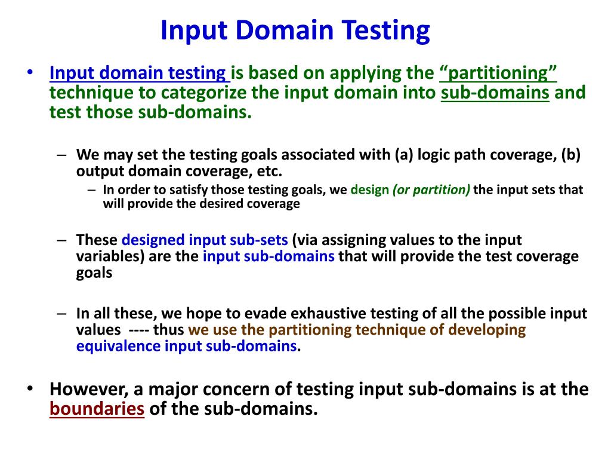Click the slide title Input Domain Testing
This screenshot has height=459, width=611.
pyautogui.click(x=295, y=30)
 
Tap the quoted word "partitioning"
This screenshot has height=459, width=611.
pyautogui.click(x=498, y=74)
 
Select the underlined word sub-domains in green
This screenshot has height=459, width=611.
pyautogui.click(x=495, y=93)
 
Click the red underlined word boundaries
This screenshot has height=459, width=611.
pyautogui.click(x=97, y=409)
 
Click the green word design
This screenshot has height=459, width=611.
pyautogui.click(x=369, y=190)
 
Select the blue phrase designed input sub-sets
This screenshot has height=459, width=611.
pyautogui.click(x=205, y=240)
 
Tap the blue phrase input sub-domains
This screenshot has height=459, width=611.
pyautogui.click(x=269, y=256)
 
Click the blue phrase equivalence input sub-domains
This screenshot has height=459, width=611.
pyautogui.click(x=186, y=346)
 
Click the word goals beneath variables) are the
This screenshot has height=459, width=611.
pyautogui.click(x=94, y=273)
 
